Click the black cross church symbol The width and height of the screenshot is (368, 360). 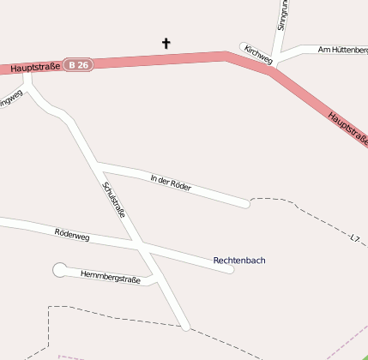[x=166, y=43]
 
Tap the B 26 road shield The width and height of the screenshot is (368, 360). [x=80, y=64]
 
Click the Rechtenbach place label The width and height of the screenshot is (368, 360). [x=239, y=260]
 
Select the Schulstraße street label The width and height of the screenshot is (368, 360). [x=114, y=199]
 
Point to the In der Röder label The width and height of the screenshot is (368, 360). [x=170, y=182]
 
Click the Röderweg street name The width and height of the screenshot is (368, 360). [x=72, y=233]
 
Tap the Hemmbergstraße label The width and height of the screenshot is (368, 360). [x=110, y=277]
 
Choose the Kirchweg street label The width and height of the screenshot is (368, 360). [x=258, y=56]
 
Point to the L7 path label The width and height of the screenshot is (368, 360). [x=355, y=236]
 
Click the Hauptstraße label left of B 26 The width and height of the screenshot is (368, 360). [x=34, y=68]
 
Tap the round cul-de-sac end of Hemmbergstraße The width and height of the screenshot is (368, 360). [x=60, y=270]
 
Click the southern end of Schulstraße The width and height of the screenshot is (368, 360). [x=185, y=326]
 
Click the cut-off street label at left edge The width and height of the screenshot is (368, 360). [x=9, y=101]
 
